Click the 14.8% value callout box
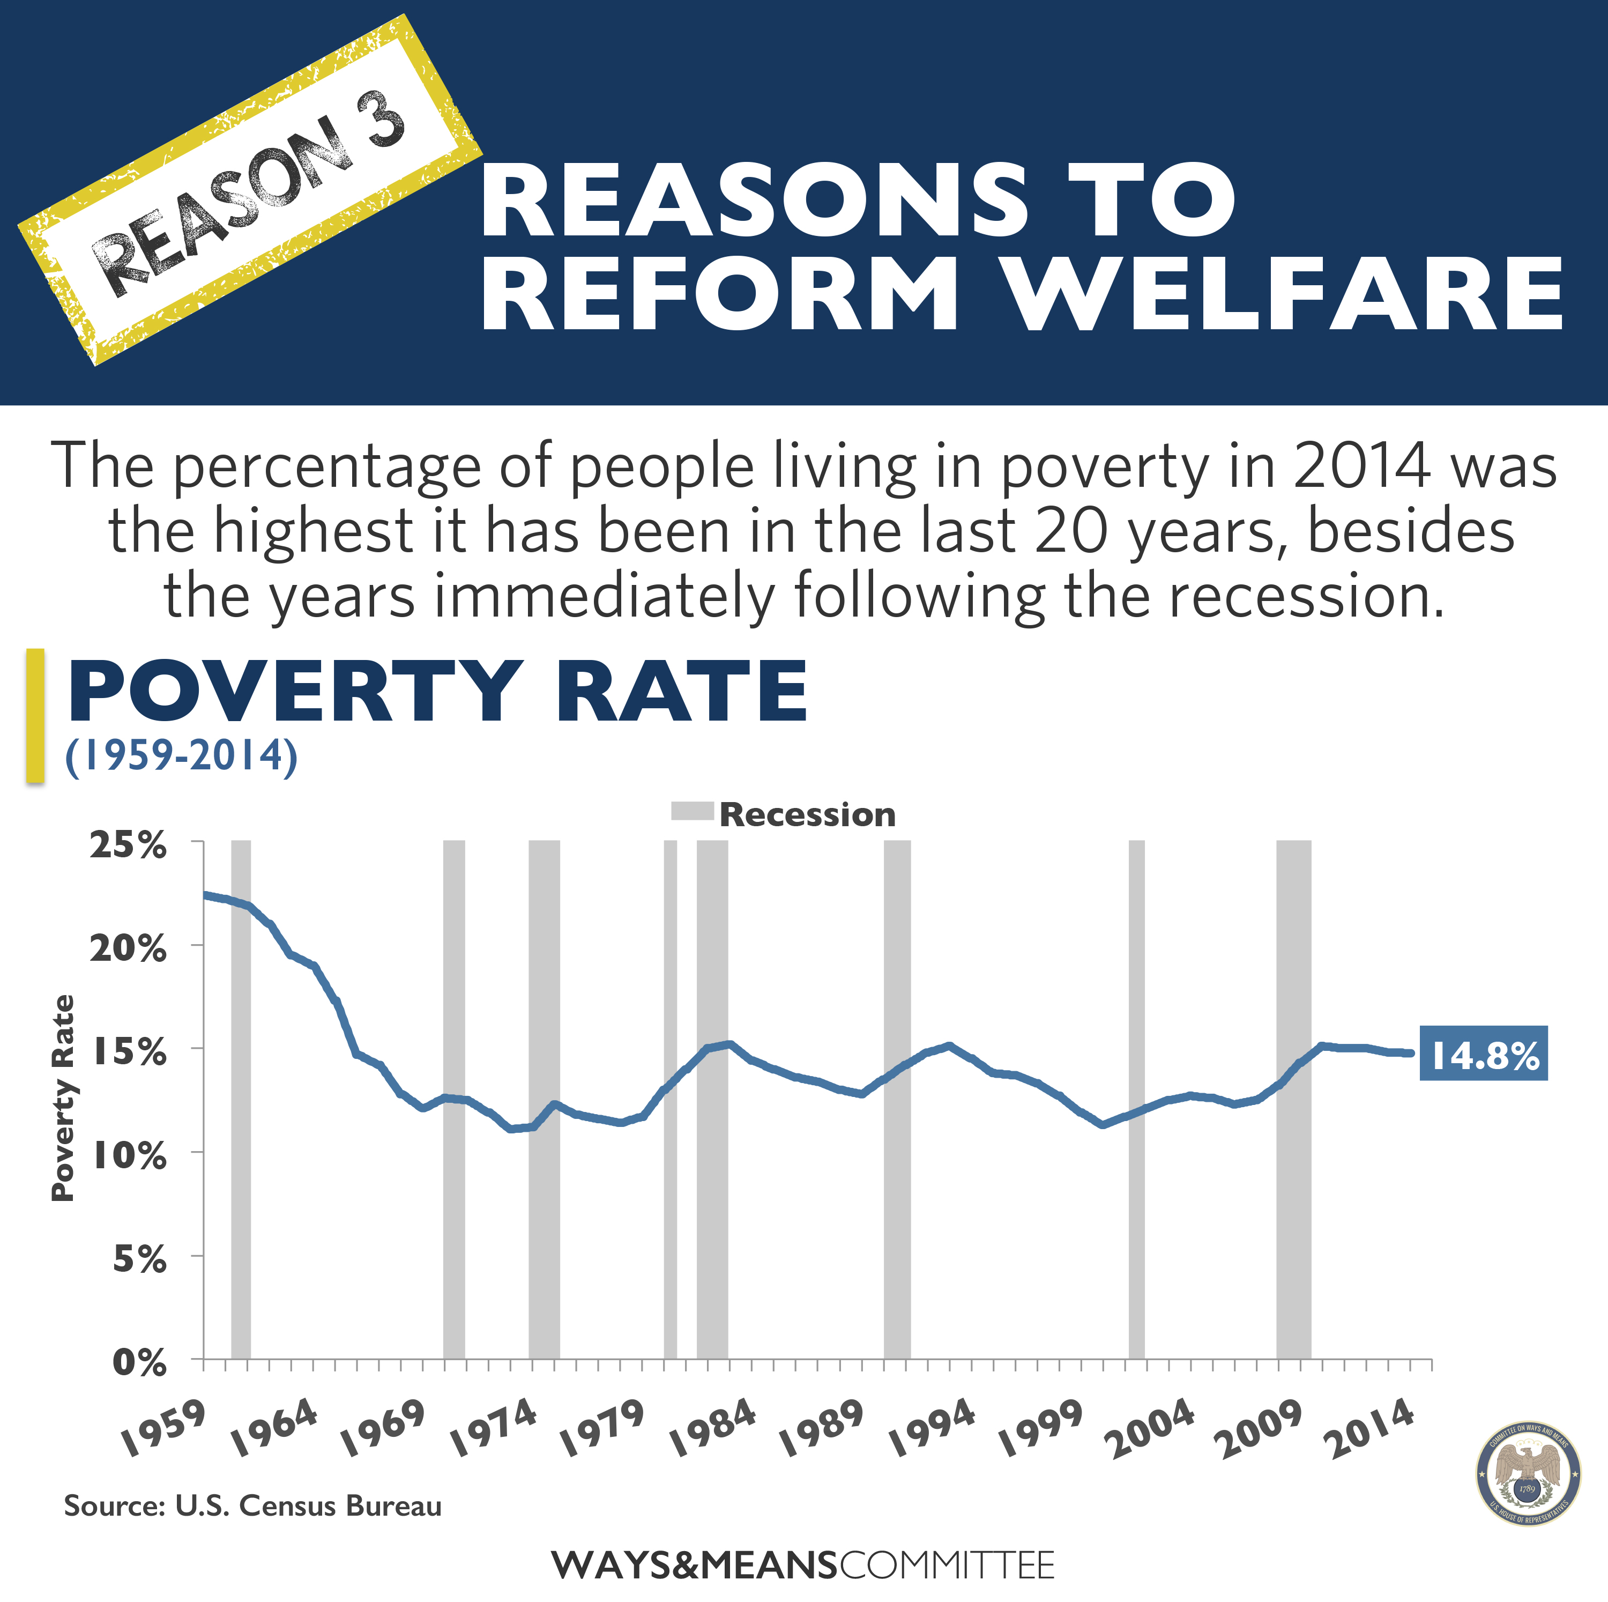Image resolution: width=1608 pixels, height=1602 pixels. click(x=1483, y=1054)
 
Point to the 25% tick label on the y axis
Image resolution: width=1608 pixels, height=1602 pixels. click(x=128, y=846)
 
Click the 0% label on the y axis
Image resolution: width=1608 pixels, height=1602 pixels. click(x=139, y=1362)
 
